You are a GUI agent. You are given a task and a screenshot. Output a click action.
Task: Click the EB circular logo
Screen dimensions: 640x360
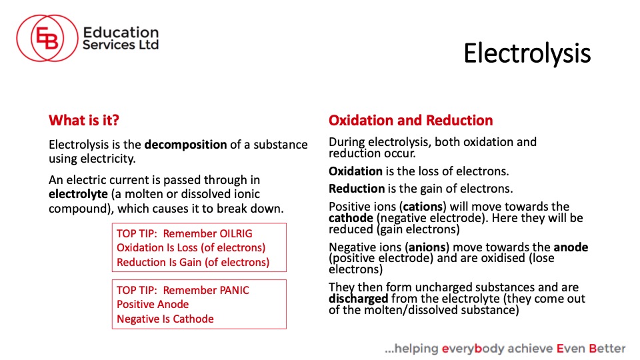tap(47, 38)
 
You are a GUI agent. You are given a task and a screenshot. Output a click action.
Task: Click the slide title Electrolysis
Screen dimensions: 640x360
tap(527, 53)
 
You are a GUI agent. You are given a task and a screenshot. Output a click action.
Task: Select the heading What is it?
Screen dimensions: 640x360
tap(84, 121)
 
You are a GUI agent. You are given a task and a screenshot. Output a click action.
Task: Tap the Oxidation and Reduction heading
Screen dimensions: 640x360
tap(411, 121)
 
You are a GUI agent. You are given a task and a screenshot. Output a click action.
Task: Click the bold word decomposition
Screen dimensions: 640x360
tap(186, 145)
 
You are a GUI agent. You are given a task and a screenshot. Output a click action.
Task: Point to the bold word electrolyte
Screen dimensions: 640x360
tap(79, 194)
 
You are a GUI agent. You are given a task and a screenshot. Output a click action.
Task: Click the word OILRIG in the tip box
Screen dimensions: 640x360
tap(236, 233)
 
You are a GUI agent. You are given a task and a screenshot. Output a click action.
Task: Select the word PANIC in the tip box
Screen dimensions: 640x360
tap(234, 290)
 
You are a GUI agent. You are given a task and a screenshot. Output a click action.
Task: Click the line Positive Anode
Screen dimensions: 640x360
tap(153, 305)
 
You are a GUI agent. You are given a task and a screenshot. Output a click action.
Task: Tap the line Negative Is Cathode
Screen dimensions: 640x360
tap(165, 319)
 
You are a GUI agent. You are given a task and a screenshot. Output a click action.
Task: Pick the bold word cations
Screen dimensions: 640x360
tap(423, 207)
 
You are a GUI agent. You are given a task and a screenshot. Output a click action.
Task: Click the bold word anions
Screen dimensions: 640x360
tap(427, 247)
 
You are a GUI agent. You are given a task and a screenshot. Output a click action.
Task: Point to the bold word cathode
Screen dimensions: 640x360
tap(351, 218)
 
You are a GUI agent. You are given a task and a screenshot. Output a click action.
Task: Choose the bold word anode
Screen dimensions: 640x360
tap(571, 247)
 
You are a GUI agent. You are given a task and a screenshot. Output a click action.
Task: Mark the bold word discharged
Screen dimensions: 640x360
tap(359, 299)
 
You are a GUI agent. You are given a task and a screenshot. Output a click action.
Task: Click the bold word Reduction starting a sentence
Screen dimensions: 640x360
tap(357, 189)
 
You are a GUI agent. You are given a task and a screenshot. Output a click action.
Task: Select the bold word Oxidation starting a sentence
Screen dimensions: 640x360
tap(355, 171)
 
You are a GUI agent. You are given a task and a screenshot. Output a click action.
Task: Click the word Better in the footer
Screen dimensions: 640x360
tap(607, 349)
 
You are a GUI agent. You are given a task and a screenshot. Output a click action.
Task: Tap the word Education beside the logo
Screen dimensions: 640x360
tap(121, 32)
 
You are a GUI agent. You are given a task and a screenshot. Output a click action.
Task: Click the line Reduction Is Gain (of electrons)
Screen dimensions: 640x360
tap(193, 262)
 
